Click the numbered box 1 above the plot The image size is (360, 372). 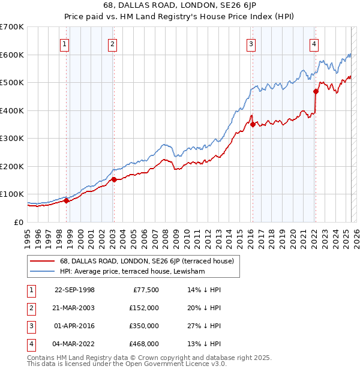click(64, 43)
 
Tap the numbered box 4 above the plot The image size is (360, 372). click(314, 43)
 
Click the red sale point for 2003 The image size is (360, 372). click(114, 179)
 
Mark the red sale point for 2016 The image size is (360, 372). click(253, 124)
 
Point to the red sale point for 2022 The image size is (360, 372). click(316, 92)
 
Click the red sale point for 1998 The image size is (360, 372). click(66, 200)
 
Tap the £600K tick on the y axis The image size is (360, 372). click(12, 55)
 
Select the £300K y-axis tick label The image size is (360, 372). click(12, 138)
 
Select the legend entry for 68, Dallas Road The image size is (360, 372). click(142, 261)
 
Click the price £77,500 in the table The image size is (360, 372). click(144, 290)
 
